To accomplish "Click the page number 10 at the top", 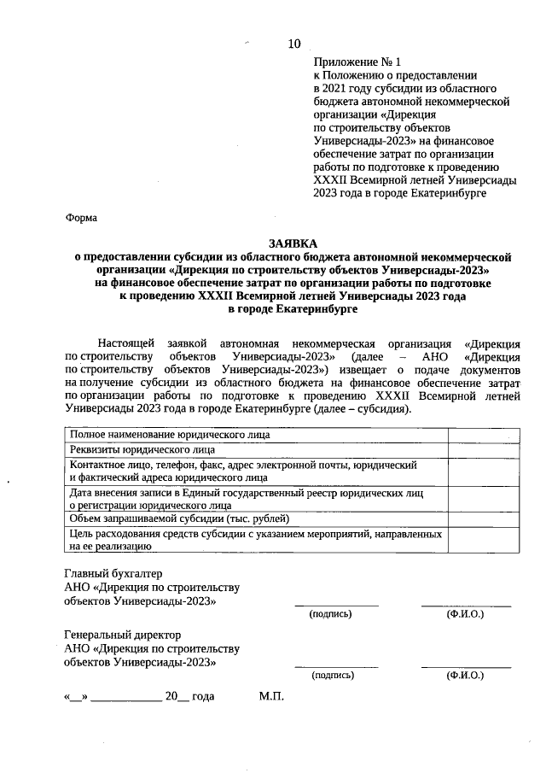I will click(294, 44).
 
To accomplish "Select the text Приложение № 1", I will click(357, 62).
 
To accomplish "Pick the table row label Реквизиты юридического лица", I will click(142, 449).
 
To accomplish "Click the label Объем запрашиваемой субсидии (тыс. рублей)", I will click(179, 518).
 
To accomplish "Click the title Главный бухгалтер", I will click(113, 573).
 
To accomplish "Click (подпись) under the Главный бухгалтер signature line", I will click(330, 614).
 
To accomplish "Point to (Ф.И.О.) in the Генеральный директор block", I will click(465, 675).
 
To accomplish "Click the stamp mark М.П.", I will click(270, 696).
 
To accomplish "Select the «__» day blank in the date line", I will click(74, 696).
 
